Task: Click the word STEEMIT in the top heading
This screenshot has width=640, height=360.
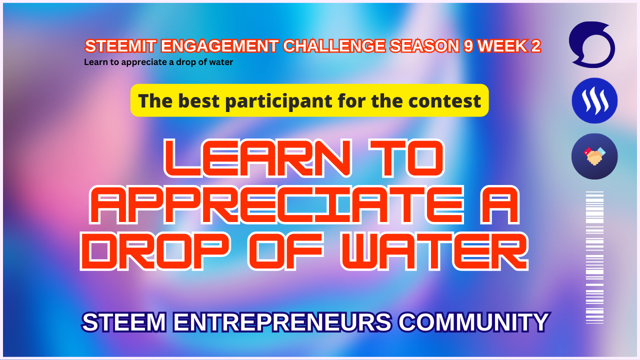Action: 121,46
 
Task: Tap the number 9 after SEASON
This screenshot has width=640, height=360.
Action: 468,46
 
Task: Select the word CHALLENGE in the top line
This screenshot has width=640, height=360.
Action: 334,46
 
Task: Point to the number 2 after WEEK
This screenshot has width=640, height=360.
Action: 536,46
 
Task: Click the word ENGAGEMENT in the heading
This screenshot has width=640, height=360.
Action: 219,46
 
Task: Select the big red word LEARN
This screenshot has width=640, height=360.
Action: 257,158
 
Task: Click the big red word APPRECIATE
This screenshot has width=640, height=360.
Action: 277,204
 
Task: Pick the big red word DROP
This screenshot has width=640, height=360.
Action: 155,251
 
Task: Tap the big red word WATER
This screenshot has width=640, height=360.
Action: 435,251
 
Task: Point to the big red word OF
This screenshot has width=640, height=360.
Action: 285,251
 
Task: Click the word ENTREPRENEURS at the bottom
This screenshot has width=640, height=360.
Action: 282,322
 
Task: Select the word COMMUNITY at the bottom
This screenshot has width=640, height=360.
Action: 473,322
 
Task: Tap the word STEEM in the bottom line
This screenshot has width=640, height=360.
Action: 124,322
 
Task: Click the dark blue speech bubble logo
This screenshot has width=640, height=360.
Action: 592,45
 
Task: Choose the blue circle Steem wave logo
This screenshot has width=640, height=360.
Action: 594,100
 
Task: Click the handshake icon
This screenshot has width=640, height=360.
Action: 594,156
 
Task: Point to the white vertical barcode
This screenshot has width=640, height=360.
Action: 594,257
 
